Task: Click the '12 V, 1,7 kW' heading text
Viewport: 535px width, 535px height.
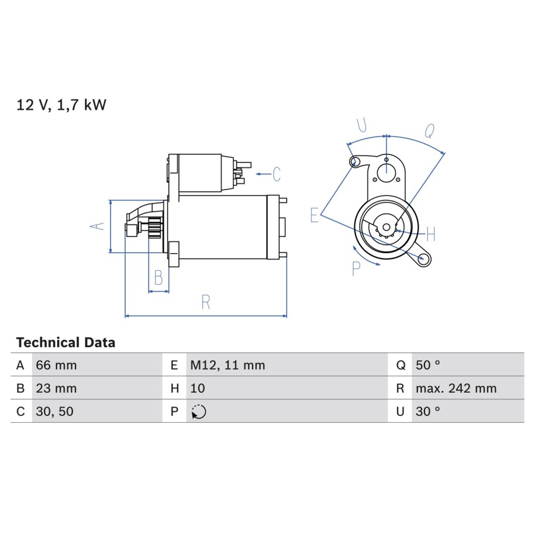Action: pyautogui.click(x=61, y=105)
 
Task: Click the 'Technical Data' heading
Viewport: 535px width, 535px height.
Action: pyautogui.click(x=65, y=342)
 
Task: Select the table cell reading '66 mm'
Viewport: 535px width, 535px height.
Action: pyautogui.click(x=56, y=365)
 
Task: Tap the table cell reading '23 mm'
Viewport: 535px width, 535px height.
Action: pyautogui.click(x=56, y=388)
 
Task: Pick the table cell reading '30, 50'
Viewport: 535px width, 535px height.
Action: pyautogui.click(x=54, y=412)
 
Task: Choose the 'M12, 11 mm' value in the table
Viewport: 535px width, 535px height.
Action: pyautogui.click(x=227, y=365)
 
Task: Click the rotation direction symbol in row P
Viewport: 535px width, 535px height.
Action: pyautogui.click(x=199, y=412)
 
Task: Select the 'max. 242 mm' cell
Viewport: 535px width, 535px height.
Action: pyautogui.click(x=456, y=388)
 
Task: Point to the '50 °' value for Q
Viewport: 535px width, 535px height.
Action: pyautogui.click(x=428, y=365)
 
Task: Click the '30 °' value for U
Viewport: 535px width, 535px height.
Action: pyautogui.click(x=428, y=412)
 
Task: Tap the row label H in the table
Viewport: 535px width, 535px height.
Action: pyautogui.click(x=175, y=388)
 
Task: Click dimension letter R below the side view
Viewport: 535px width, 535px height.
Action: pyautogui.click(x=206, y=302)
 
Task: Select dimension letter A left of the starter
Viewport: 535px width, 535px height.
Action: pyautogui.click(x=97, y=226)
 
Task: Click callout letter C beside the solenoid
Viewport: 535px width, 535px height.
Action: pyautogui.click(x=277, y=174)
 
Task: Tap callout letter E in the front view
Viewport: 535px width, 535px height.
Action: pyautogui.click(x=314, y=215)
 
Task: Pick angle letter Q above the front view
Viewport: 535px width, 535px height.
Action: pyautogui.click(x=430, y=130)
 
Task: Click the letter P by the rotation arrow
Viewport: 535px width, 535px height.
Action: pyautogui.click(x=356, y=268)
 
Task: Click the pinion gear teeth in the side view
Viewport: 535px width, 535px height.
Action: pyautogui.click(x=156, y=228)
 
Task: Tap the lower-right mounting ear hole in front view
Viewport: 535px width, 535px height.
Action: pyautogui.click(x=424, y=258)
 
